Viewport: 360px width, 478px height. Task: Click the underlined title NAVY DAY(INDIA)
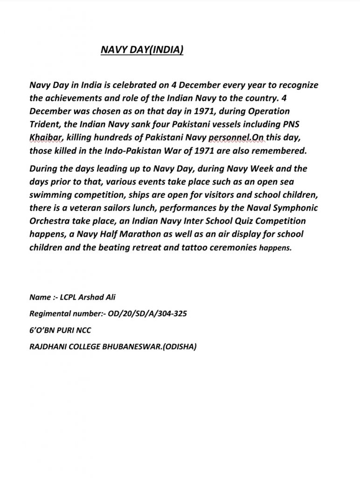(x=142, y=50)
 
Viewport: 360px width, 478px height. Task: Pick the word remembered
(x=281, y=150)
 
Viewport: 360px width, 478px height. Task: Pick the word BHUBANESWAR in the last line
(x=132, y=347)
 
